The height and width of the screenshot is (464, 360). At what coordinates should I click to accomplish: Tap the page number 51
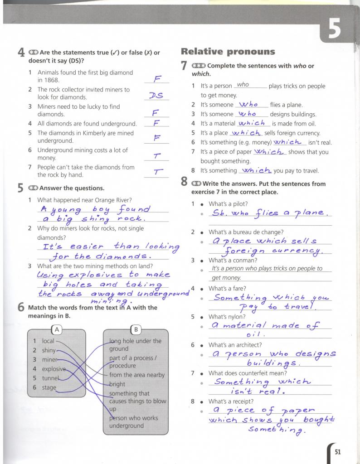pyautogui.click(x=338, y=451)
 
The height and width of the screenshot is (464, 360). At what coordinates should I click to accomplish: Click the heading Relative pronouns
pyautogui.click(x=228, y=52)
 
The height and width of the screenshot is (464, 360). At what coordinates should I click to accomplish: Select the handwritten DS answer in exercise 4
pyautogui.click(x=156, y=96)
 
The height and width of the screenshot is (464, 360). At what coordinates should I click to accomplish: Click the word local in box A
pyautogui.click(x=48, y=341)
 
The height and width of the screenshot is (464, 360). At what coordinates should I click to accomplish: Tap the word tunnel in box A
pyautogui.click(x=50, y=378)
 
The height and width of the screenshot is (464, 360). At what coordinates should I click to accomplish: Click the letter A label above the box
pyautogui.click(x=57, y=329)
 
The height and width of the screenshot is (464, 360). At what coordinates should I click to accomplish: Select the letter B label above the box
pyautogui.click(x=136, y=329)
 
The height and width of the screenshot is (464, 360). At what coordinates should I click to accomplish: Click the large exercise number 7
pyautogui.click(x=184, y=66)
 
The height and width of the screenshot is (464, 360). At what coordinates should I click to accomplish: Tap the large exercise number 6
pyautogui.click(x=21, y=308)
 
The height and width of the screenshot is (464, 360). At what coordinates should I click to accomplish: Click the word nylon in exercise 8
pyautogui.click(x=238, y=317)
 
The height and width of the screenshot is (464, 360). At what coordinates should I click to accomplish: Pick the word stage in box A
pyautogui.click(x=49, y=387)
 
